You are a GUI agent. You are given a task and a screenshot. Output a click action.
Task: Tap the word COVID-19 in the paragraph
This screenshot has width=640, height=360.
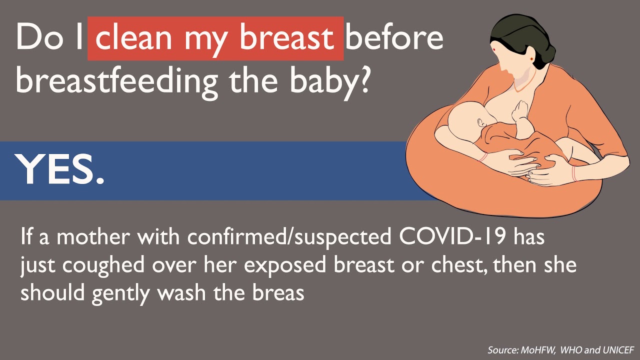[456, 237]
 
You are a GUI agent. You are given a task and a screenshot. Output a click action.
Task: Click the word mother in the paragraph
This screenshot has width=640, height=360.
[90, 237]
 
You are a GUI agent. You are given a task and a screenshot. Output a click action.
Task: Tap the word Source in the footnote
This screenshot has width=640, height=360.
[501, 349]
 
